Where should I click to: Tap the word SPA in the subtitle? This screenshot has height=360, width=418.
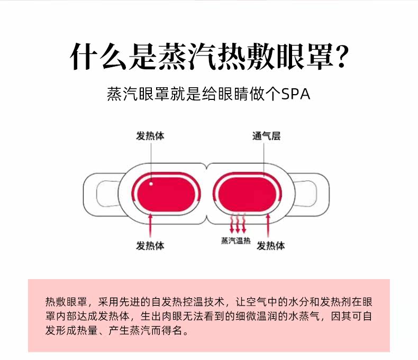(296, 94)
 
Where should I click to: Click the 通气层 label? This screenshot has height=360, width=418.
(266, 136)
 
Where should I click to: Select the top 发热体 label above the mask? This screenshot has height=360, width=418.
(150, 136)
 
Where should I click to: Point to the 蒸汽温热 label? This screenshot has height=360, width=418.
(235, 241)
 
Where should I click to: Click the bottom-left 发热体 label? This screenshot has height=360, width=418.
(150, 245)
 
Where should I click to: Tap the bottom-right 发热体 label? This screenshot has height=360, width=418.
(270, 245)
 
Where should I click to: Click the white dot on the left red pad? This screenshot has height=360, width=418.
(151, 184)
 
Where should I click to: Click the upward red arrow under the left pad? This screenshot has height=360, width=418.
(150, 225)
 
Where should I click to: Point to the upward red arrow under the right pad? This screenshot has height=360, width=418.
(268, 225)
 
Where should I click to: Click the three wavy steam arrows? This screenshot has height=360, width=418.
(238, 223)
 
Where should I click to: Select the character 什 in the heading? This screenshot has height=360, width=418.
(84, 57)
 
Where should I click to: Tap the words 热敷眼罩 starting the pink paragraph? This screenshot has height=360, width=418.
(66, 302)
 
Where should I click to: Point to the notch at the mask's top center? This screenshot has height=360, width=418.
(206, 167)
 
